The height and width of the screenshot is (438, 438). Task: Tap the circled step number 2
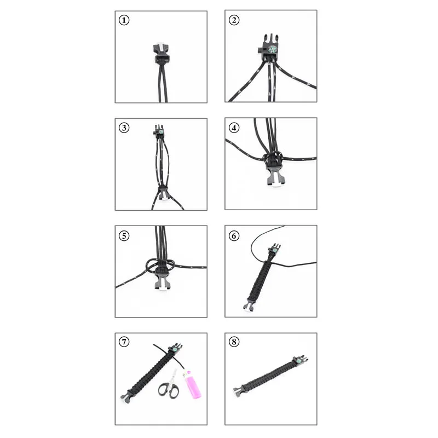234,20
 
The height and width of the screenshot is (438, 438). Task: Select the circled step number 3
125,128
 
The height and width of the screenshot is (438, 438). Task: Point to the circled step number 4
234,128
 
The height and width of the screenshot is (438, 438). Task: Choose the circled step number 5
125,236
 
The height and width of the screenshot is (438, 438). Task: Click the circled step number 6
234,236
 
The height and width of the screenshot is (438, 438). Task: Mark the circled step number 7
125,343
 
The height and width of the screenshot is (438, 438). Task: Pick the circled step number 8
234,343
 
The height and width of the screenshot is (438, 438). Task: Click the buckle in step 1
162,53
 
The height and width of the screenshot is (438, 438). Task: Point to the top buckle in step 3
159,131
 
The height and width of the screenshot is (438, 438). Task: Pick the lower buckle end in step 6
249,306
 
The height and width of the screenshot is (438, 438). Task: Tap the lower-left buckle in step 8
239,391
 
